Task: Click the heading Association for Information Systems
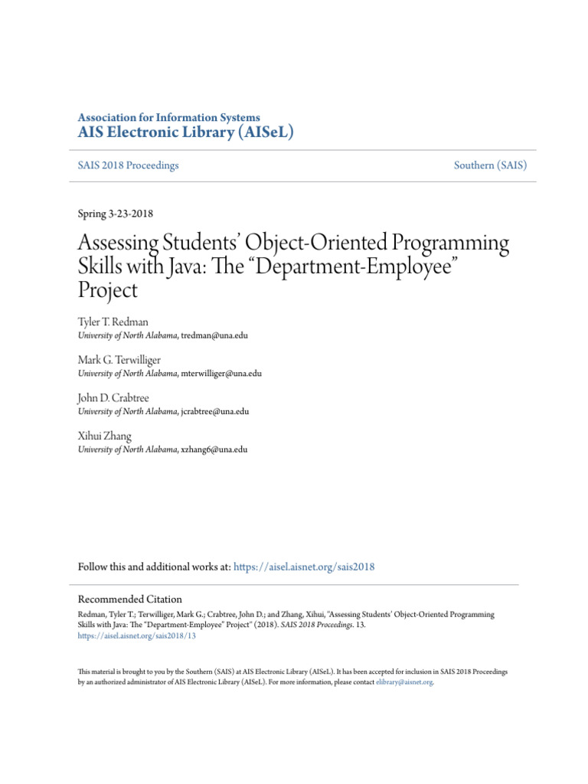[x=168, y=117]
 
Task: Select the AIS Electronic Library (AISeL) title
[x=186, y=132]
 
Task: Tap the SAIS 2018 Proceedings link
[x=128, y=165]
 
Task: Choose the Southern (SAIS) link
[x=490, y=165]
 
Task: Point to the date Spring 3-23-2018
[x=116, y=214]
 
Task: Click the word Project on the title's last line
[x=108, y=290]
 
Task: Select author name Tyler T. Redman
[x=113, y=322]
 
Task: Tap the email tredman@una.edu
[x=214, y=335]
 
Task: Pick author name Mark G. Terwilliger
[x=119, y=360]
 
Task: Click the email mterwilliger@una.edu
[x=221, y=374]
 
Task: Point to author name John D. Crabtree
[x=115, y=398]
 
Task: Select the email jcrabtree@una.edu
[x=215, y=411]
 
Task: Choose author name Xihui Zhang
[x=104, y=436]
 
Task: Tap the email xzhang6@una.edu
[x=214, y=449]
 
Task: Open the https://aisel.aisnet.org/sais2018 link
[x=304, y=567]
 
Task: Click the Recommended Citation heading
[x=130, y=599]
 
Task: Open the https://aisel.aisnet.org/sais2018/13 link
[x=137, y=635]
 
